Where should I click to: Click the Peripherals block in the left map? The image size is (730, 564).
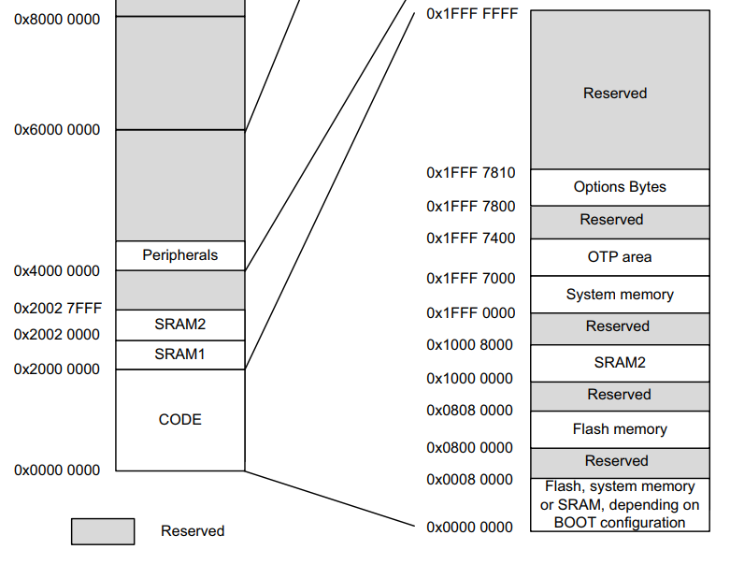coord(179,255)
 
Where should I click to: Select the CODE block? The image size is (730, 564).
coord(179,420)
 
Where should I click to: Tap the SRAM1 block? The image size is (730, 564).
coord(179,354)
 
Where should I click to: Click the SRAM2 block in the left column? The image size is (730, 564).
coord(179,325)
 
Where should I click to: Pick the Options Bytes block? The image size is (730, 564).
coord(620,187)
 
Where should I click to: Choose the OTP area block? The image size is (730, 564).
coord(620,257)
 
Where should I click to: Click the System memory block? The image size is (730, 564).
coord(620,295)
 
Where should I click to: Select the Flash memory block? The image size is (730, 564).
coord(620,429)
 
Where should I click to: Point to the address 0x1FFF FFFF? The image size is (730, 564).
coord(471,14)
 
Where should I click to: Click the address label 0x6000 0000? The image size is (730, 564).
coord(57,130)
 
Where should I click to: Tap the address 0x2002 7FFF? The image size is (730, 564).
coord(57,308)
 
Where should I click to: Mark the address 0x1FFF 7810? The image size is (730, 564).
coord(470,173)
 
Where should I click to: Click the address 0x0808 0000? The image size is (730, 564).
coord(470,411)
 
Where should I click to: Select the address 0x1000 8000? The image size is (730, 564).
coord(470,345)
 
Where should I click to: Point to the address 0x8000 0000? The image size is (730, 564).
coord(57,19)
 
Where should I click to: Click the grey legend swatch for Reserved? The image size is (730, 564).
coord(103,531)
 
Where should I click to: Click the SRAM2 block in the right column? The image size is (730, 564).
coord(620,362)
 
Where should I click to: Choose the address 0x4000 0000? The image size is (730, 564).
coord(57,271)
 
